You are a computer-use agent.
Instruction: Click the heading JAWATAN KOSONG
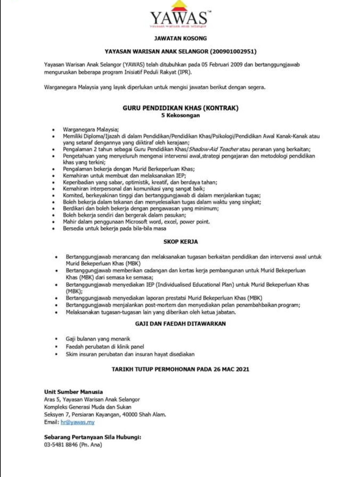(180, 38)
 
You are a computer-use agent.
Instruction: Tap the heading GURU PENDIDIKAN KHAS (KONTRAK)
(180, 108)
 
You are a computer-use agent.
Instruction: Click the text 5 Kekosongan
(180, 115)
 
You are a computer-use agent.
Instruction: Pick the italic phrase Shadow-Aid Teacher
(214, 149)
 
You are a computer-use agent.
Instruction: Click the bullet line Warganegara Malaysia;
(91, 130)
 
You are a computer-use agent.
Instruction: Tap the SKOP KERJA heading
(180, 242)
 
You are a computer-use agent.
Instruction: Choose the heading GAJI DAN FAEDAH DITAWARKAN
(180, 324)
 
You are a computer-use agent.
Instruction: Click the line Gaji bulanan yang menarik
(98, 339)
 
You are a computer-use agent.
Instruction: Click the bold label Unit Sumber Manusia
(73, 392)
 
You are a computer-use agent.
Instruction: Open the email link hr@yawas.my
(77, 422)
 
